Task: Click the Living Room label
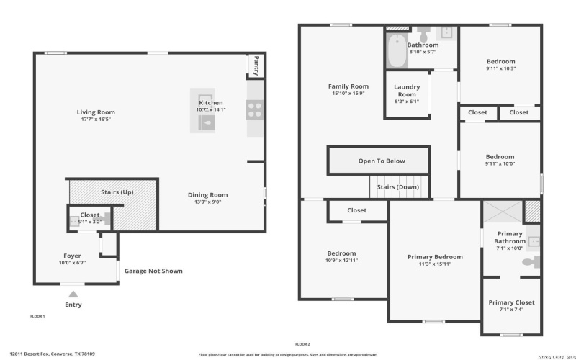tap(96, 112)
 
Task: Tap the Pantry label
tap(253, 66)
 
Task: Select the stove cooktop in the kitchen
tap(254, 109)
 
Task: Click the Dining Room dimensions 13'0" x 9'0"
tap(207, 202)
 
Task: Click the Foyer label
tap(72, 256)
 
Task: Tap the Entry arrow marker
tap(72, 294)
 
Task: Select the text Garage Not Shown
tap(153, 271)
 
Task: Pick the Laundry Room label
tap(407, 91)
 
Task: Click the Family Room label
tap(348, 86)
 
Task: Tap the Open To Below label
tap(382, 161)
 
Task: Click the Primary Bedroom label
tap(435, 257)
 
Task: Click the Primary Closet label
tap(511, 302)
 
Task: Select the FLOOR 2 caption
tap(303, 344)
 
